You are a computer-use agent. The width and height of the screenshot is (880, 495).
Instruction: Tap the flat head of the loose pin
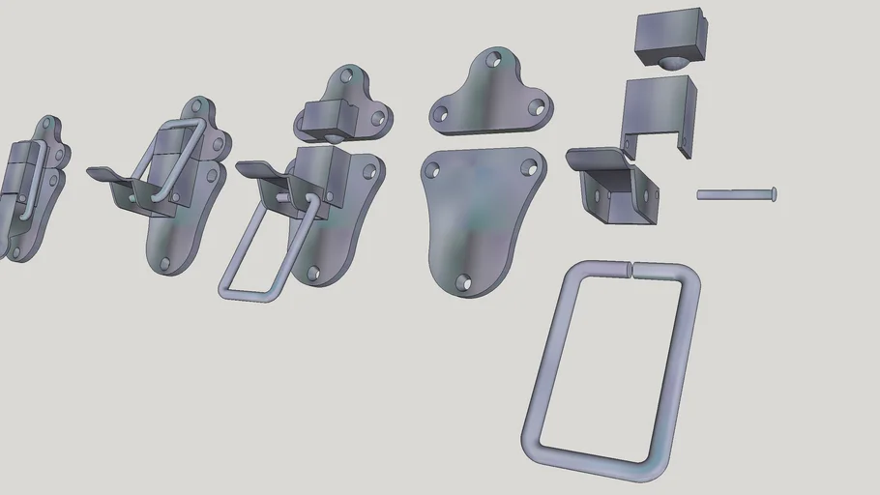point(773,194)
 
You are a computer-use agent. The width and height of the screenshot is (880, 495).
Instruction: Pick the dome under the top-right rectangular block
point(672,64)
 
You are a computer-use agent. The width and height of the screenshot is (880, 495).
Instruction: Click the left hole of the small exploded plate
point(440,114)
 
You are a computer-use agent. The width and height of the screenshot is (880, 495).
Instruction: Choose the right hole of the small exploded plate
point(533,106)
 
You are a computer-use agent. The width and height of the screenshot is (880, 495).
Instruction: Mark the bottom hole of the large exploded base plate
point(463,282)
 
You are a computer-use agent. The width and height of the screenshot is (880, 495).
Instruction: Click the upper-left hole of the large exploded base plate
point(431,171)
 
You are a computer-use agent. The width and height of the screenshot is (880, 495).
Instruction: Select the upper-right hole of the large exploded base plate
point(528,167)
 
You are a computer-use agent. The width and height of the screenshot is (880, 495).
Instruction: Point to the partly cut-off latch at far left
point(29,189)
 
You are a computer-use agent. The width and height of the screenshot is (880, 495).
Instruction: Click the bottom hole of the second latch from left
point(164,262)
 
